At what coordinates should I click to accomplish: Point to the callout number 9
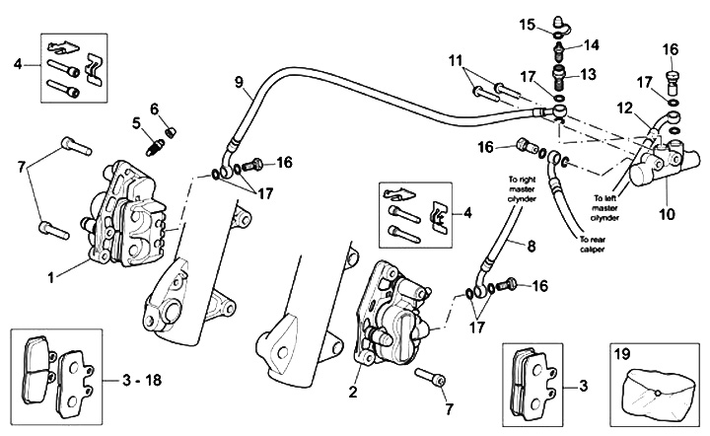coord(238,82)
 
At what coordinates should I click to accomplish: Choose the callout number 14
coord(591,44)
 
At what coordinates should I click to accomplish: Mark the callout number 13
coord(592,74)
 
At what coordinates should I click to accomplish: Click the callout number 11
coord(455,62)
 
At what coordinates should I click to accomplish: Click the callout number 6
coord(155,108)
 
